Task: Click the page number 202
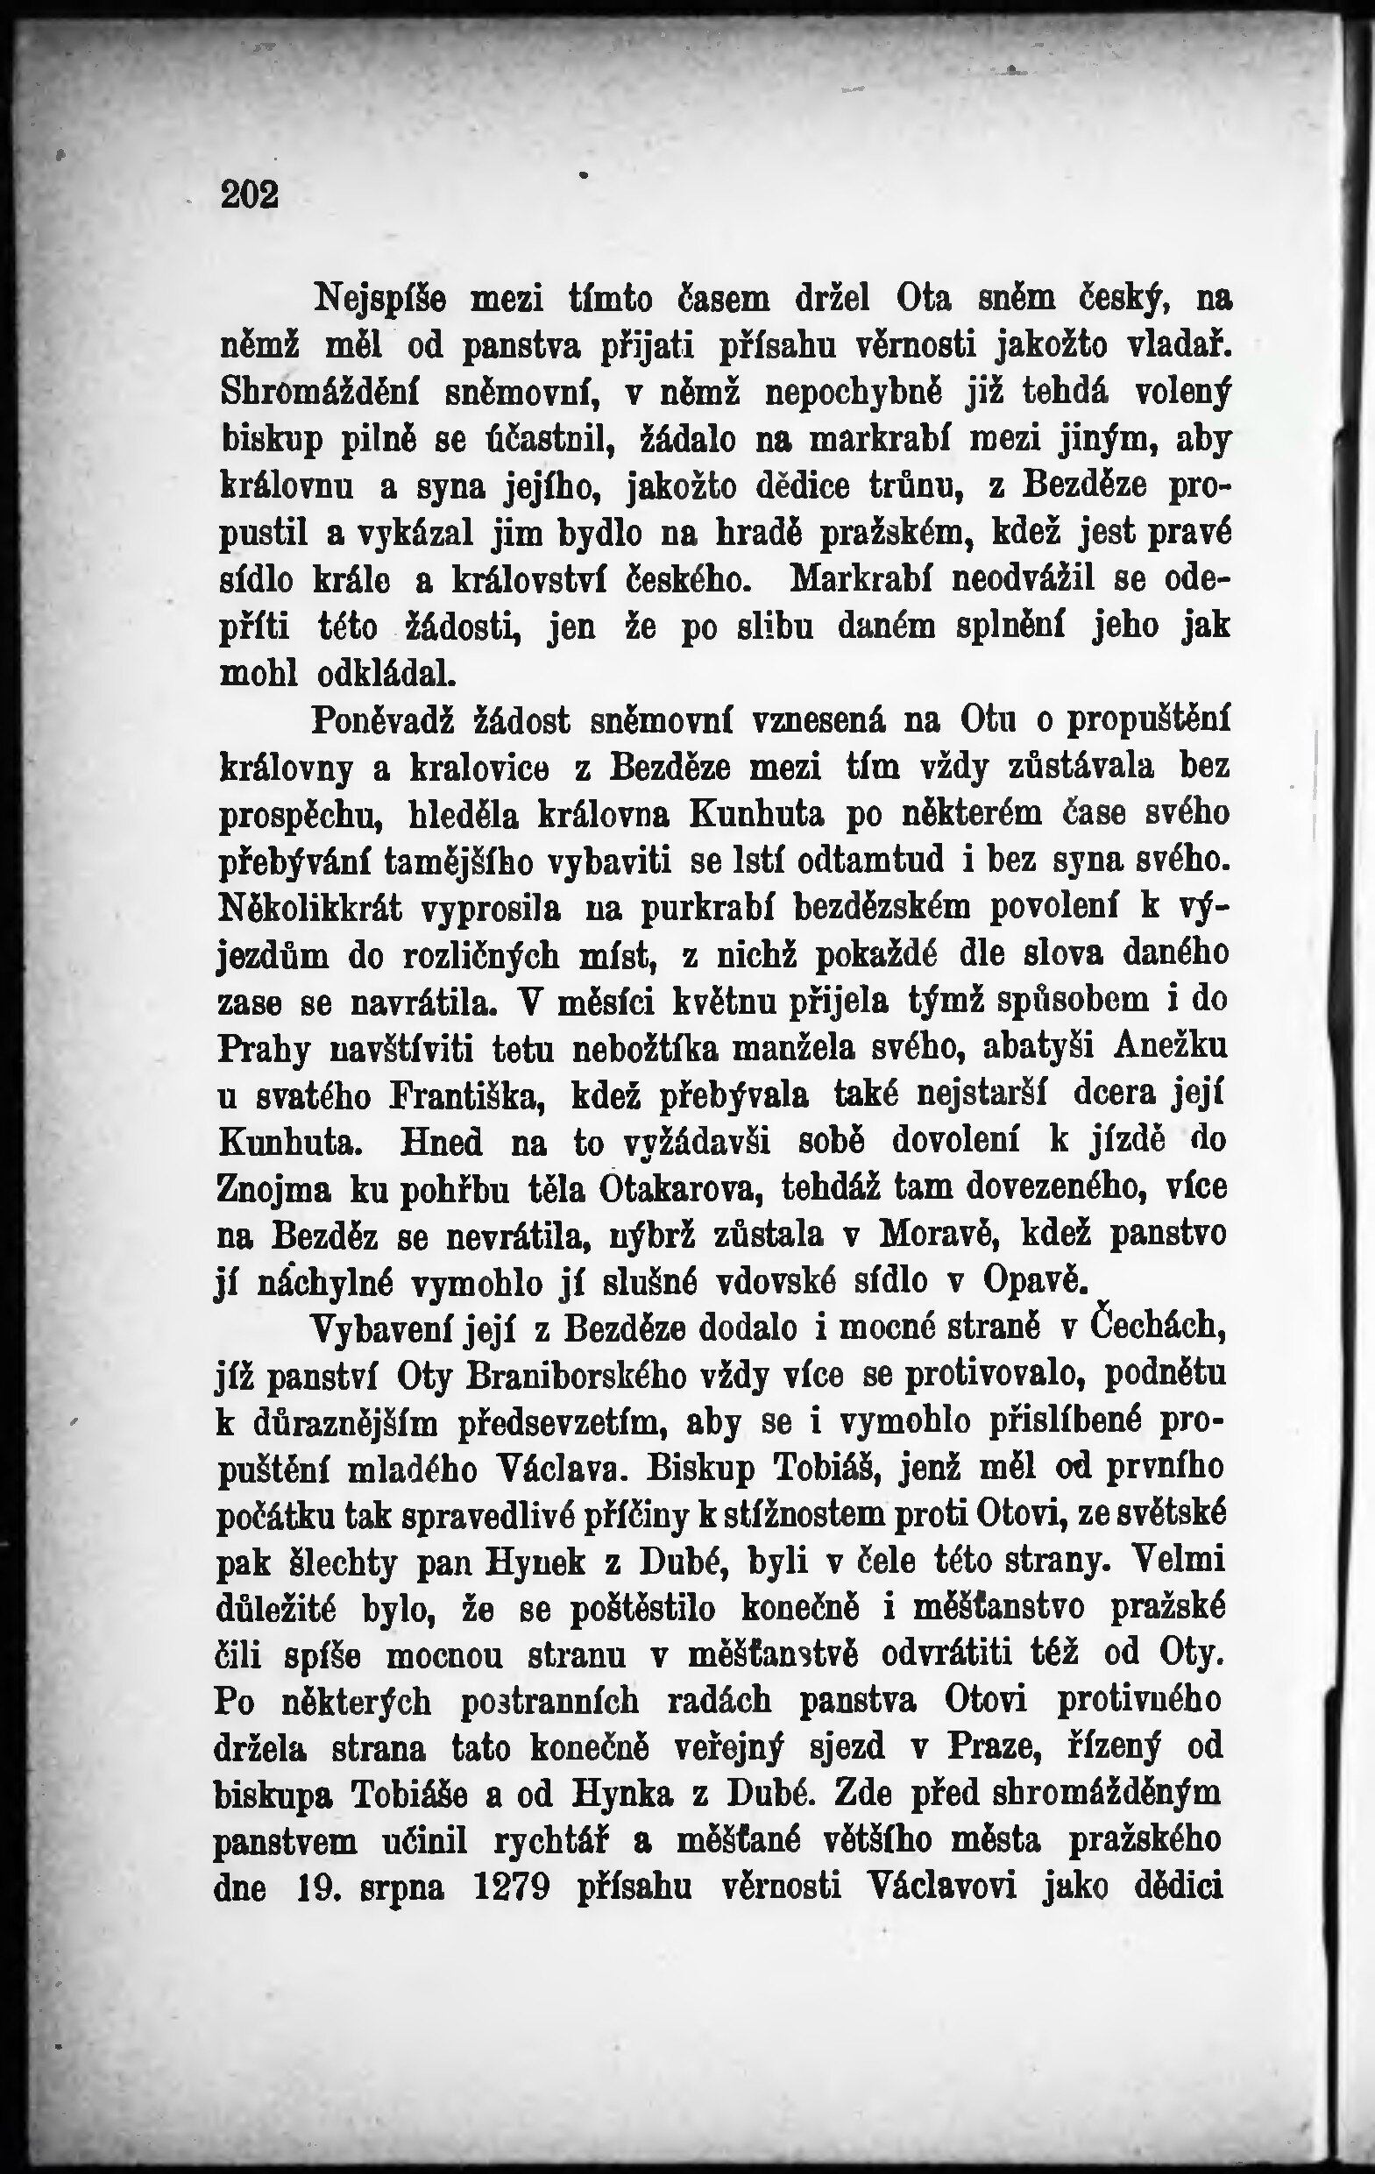pos(249,195)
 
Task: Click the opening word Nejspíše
pos(379,298)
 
